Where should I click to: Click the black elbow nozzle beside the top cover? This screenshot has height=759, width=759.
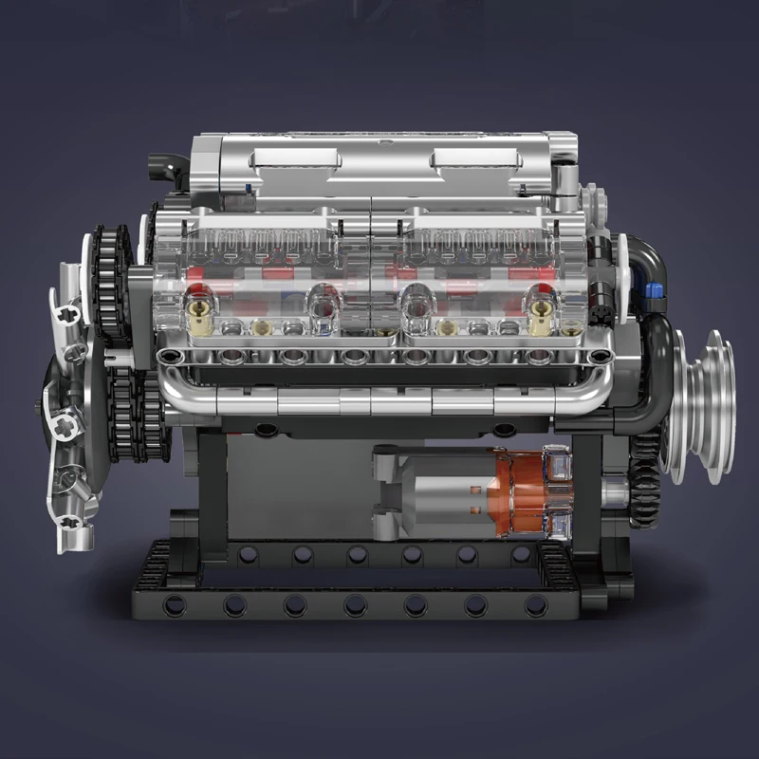pos(168,172)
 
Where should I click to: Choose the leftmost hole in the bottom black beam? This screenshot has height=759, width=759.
pos(174,604)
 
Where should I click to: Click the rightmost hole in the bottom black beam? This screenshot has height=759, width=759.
pos(536,604)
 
